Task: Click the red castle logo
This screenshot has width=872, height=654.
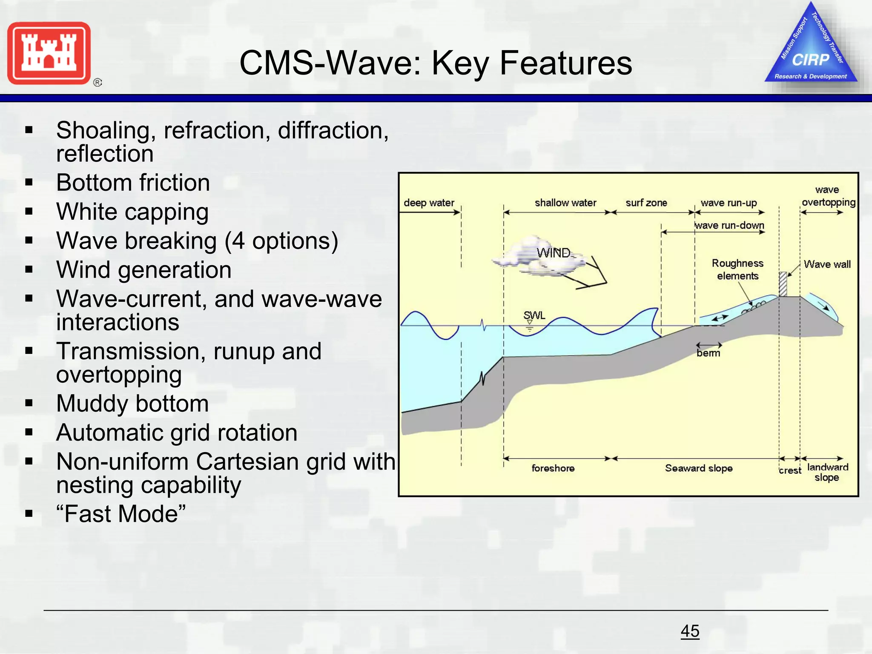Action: tap(49, 53)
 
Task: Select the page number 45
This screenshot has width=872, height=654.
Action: tap(690, 631)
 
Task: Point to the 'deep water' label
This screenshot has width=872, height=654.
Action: tap(429, 203)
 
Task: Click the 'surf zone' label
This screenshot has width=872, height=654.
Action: tap(646, 203)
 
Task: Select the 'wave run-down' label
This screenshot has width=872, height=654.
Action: tap(729, 225)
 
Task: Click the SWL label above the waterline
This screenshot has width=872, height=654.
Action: tap(534, 316)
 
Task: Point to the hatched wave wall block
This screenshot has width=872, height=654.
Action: tap(783, 284)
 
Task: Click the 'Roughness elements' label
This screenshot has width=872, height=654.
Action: tap(737, 269)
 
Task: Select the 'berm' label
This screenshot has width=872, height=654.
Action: tap(708, 353)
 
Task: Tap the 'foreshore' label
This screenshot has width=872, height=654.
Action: tap(553, 468)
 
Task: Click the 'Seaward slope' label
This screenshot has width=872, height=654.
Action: tap(699, 468)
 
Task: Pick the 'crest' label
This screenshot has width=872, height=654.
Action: tap(790, 470)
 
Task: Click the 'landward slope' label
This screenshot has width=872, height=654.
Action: tap(827, 472)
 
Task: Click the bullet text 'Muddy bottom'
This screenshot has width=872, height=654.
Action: tap(132, 403)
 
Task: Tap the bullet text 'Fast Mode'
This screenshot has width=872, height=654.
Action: tap(121, 513)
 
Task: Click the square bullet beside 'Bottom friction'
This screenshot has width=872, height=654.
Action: tap(29, 183)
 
